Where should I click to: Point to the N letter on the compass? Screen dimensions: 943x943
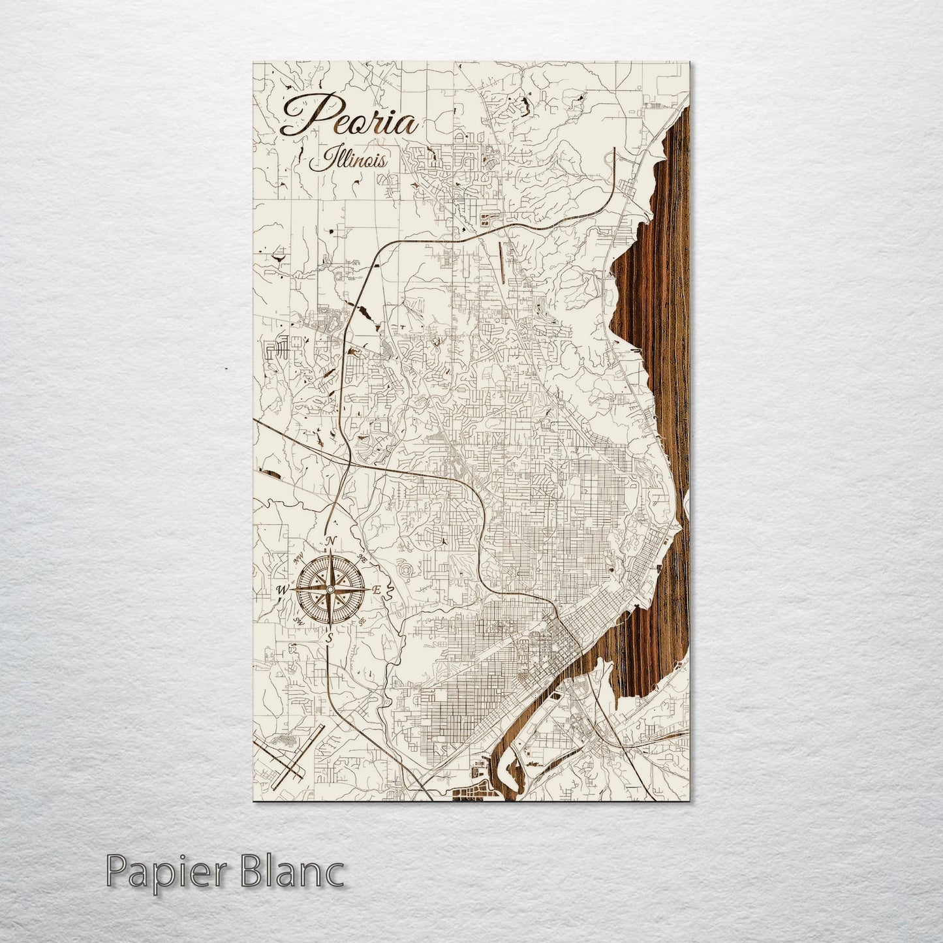[x=331, y=541]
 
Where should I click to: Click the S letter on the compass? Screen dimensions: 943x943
[x=330, y=638]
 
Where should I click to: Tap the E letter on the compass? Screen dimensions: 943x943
[x=377, y=589]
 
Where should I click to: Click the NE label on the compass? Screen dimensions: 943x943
[x=362, y=559]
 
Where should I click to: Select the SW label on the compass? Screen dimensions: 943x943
[x=299, y=620]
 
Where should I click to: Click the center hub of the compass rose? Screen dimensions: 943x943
[x=331, y=590]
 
